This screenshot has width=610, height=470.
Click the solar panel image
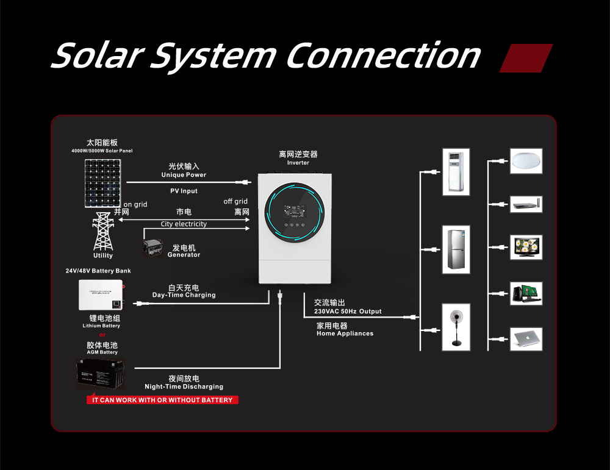click(102, 183)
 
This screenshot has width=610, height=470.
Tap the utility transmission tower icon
click(103, 231)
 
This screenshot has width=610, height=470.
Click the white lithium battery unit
click(100, 294)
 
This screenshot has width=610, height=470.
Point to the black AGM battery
click(101, 374)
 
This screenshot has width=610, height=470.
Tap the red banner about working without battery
click(162, 400)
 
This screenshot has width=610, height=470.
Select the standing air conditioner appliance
click(456, 172)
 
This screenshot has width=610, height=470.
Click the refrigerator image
click(456, 248)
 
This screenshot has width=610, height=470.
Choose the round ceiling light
click(526, 161)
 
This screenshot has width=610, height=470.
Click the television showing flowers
click(526, 247)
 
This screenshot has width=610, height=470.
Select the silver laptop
click(526, 338)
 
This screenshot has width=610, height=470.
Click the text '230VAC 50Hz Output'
click(348, 312)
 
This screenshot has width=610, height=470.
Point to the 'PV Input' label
click(184, 191)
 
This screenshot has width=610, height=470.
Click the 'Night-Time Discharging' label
click(184, 386)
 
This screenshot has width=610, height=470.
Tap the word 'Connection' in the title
click(383, 56)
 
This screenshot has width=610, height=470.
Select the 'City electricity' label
click(184, 224)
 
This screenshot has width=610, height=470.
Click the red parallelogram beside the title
click(526, 59)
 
